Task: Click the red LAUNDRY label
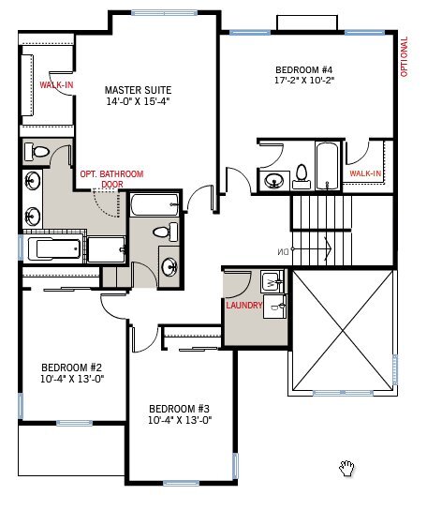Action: pos(244,306)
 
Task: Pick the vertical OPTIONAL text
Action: pos(404,56)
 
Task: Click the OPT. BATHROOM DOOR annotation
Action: pos(111,179)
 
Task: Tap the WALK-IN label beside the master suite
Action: pos(56,85)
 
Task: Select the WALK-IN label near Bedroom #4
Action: pos(365,173)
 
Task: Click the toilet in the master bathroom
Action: pos(37,152)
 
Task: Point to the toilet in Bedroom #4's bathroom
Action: pos(302,176)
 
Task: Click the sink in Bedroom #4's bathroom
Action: pos(273,181)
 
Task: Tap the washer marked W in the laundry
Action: pos(272,281)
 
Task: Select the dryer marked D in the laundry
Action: pos(274,307)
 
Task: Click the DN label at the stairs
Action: pos(283,251)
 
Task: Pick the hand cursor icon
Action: pos(346,469)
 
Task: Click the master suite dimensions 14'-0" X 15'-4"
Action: pos(138,101)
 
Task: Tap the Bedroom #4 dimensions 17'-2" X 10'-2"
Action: pos(304,80)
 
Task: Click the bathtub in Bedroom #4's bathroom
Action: pos(327,166)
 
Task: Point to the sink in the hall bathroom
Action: pos(169,267)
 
